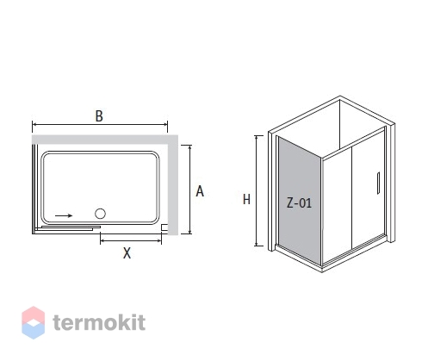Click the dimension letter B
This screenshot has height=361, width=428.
coord(99,116)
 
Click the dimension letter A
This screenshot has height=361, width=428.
coord(200,191)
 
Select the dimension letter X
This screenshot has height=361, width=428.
coord(127,253)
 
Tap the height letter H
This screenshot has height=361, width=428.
coord(246,199)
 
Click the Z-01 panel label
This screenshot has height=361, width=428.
coord(299,203)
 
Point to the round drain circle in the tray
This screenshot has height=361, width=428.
coord(100,214)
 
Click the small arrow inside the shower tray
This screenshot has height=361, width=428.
coord(64,215)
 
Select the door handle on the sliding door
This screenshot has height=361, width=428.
coord(378,183)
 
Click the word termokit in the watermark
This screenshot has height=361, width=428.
coord(99,322)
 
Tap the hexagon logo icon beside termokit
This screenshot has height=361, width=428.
coord(34,322)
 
